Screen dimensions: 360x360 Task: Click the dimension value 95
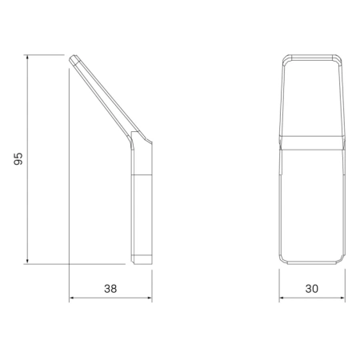point(18,159)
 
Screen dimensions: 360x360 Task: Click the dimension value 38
point(110,289)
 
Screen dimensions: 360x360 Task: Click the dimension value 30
point(312,289)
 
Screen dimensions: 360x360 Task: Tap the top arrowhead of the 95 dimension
point(27,57)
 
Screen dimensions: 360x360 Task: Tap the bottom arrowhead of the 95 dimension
point(27,262)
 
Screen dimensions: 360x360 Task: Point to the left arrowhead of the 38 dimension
point(72,298)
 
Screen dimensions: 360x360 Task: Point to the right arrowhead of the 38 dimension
point(150,298)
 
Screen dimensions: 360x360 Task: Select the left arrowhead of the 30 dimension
point(282,298)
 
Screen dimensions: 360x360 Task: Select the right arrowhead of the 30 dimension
point(342,298)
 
